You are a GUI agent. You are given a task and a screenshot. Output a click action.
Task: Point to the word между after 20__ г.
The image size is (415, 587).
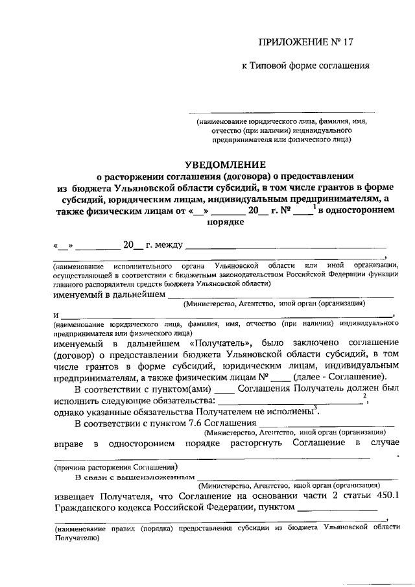pyautogui.click(x=169, y=246)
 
